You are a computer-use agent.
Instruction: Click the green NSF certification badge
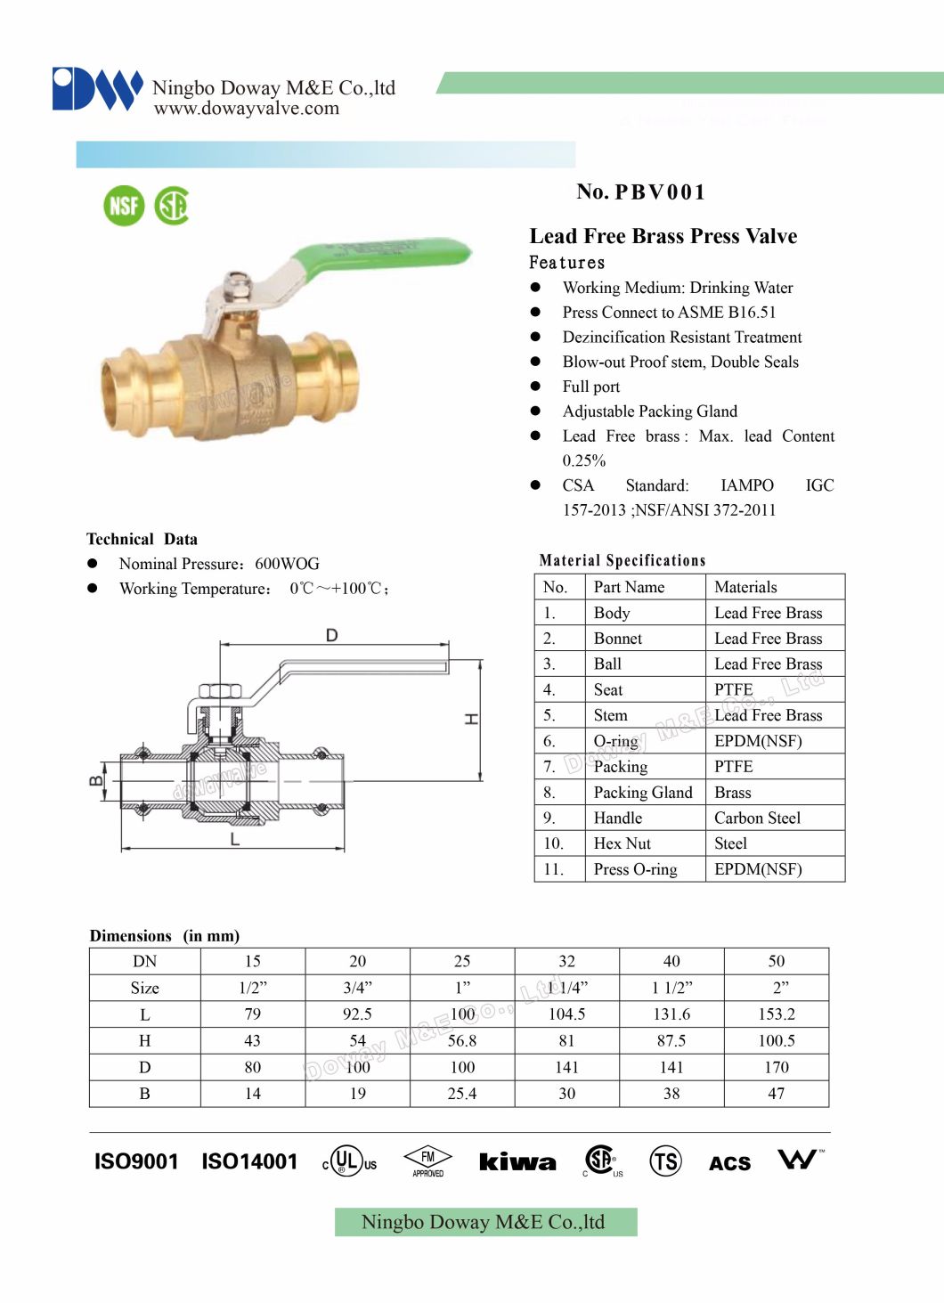point(124,206)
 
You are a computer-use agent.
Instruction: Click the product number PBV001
point(640,192)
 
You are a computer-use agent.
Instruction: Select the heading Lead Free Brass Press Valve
point(663,236)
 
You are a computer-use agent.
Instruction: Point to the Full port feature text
point(590,387)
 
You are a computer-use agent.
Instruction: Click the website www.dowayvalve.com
point(247,109)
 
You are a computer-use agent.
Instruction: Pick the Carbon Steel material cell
point(757,818)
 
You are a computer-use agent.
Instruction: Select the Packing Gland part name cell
point(642,793)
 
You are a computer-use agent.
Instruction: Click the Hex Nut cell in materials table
point(622,843)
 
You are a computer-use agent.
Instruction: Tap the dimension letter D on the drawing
point(331,635)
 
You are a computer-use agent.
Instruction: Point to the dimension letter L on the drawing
point(234,839)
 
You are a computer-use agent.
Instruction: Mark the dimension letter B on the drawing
point(95,782)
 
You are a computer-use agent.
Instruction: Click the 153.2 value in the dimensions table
point(776,1014)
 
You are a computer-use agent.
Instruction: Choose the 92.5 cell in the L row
point(357,1014)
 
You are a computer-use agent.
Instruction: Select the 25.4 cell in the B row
point(461,1094)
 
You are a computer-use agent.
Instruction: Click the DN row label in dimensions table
point(144,962)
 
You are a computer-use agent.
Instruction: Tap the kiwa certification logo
point(517,1161)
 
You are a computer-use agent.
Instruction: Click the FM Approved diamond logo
point(427,1160)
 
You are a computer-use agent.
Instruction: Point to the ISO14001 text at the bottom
point(249,1161)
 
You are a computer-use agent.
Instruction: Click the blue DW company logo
point(97,89)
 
